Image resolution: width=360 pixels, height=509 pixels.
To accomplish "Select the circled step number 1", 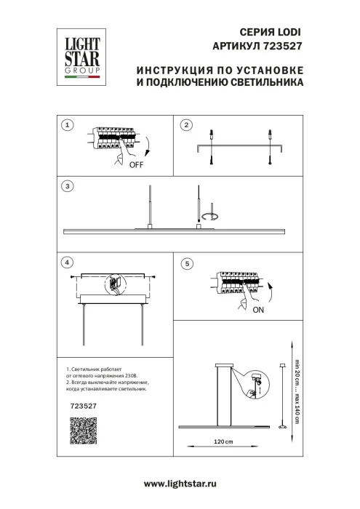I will [x=67, y=125].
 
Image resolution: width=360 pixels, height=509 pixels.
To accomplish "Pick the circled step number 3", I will [x=67, y=186].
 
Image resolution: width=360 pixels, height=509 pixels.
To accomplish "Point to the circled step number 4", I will [x=67, y=262].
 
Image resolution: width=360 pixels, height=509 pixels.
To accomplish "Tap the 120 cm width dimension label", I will [x=223, y=442].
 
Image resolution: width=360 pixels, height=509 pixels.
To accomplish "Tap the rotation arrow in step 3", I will [x=211, y=215].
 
